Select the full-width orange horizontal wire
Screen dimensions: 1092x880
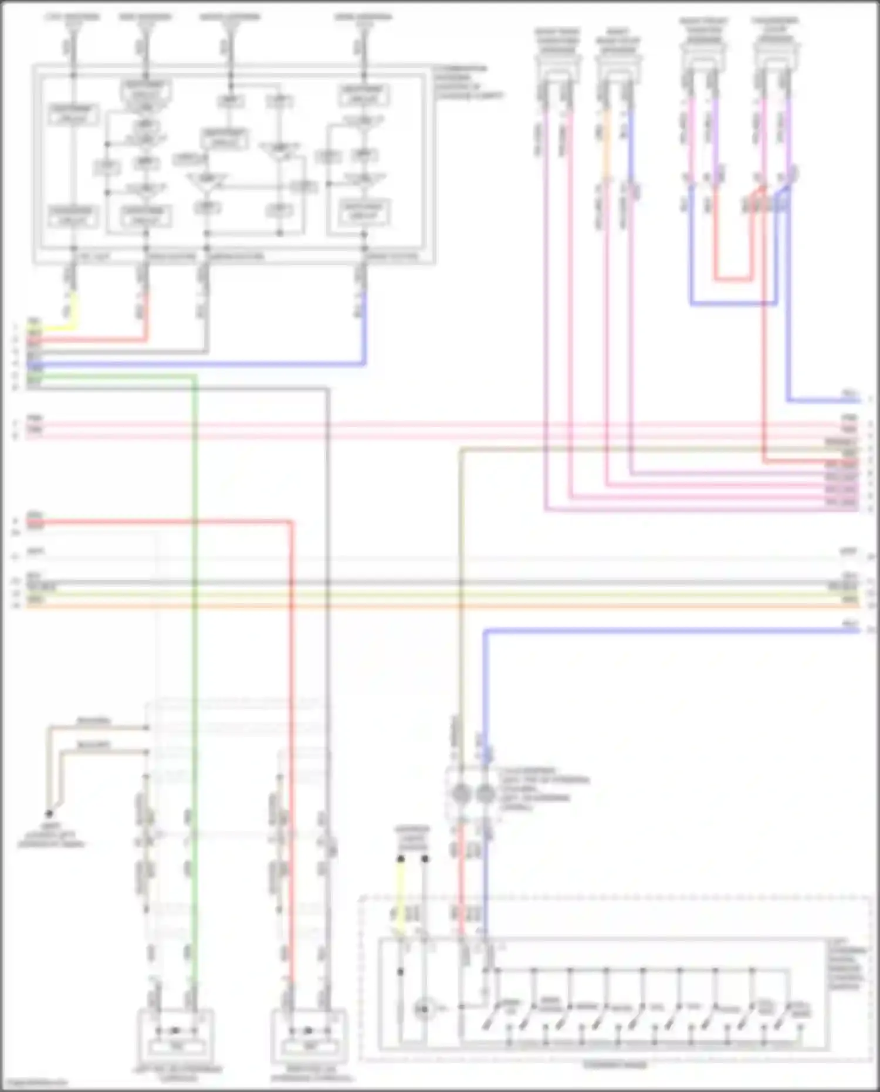(x=440, y=605)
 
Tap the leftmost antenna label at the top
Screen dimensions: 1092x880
(x=73, y=16)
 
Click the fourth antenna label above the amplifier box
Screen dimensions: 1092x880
(x=363, y=16)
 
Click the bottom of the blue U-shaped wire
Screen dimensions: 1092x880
(x=733, y=304)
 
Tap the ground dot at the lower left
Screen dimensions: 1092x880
(x=49, y=814)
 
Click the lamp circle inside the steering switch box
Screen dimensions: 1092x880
(x=422, y=1009)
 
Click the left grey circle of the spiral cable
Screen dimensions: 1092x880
(x=461, y=795)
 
